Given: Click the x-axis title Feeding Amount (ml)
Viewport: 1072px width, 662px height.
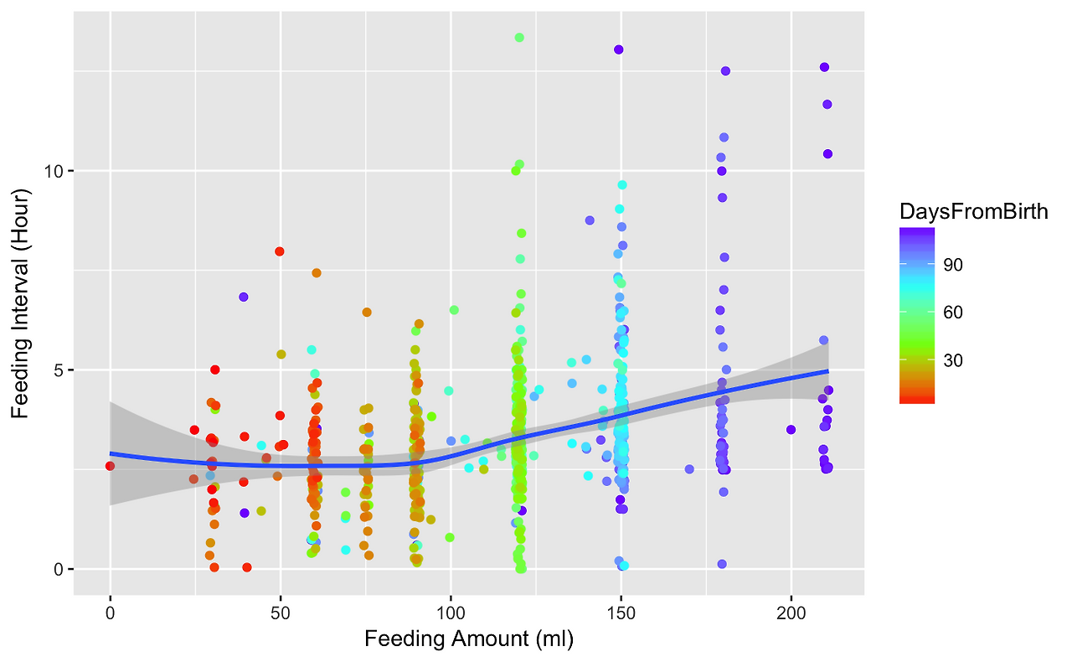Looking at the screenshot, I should pyautogui.click(x=468, y=640).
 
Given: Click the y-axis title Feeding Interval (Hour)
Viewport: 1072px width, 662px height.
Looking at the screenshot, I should pyautogui.click(x=21, y=303).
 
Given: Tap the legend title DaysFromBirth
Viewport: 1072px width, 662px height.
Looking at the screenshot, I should pyautogui.click(x=973, y=212).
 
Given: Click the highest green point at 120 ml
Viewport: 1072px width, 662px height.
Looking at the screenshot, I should pyautogui.click(x=519, y=38).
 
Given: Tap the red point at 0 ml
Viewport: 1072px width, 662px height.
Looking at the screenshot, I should pyautogui.click(x=110, y=466).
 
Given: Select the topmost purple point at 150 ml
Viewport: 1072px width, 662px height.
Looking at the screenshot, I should pyautogui.click(x=619, y=49).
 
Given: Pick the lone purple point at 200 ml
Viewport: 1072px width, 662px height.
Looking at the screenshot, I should pyautogui.click(x=791, y=430).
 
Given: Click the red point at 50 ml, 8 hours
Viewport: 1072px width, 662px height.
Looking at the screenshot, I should pyautogui.click(x=280, y=251).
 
